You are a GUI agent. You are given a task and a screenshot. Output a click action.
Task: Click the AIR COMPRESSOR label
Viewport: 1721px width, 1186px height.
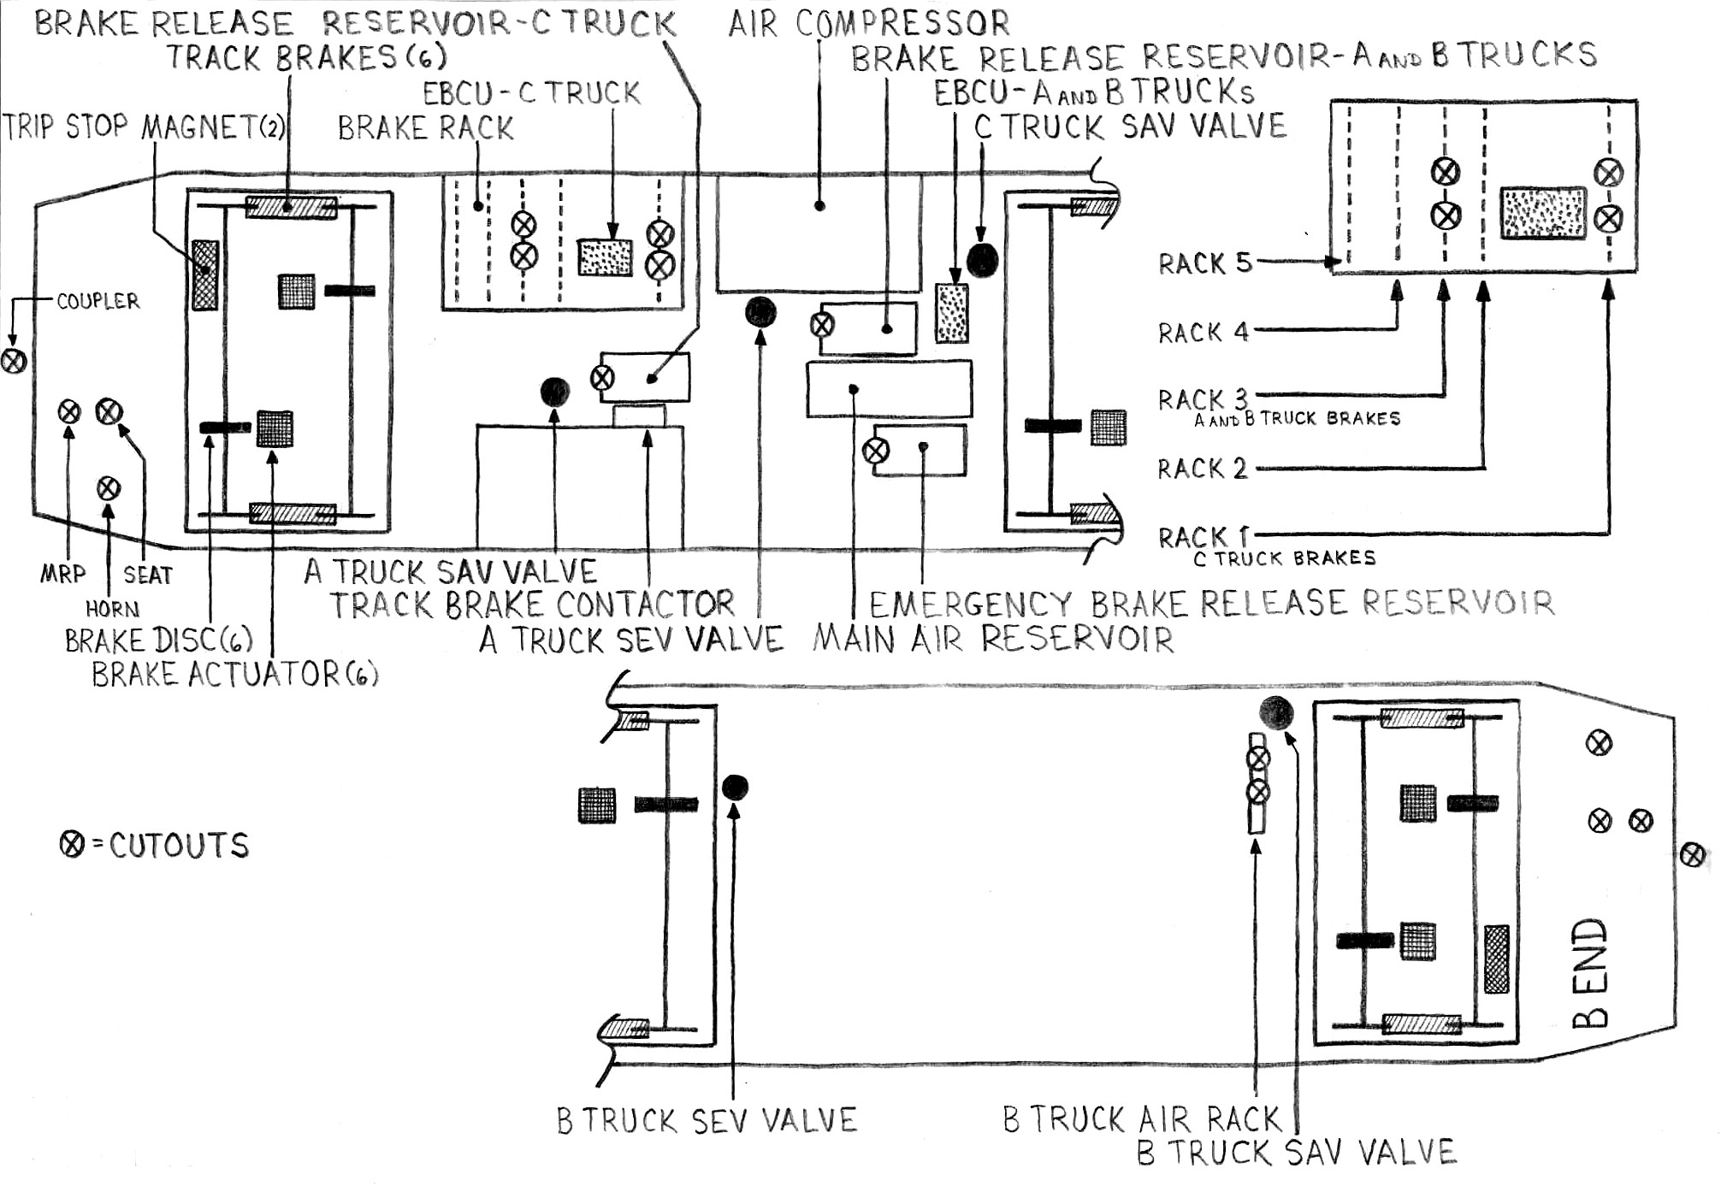click(x=868, y=23)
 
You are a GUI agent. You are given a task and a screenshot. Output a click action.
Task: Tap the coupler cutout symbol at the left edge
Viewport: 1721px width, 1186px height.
click(x=13, y=361)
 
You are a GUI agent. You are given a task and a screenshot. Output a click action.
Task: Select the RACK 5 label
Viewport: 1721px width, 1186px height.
click(x=1204, y=263)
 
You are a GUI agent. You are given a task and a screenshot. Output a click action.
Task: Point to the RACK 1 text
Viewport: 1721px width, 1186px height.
click(x=1203, y=537)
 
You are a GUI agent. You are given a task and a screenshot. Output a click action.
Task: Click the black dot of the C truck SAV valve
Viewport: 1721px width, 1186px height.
click(x=982, y=259)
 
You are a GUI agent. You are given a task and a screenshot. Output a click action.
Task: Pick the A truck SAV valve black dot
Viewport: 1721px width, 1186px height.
click(x=555, y=392)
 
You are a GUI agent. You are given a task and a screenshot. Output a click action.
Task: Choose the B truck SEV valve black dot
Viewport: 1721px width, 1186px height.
click(x=735, y=788)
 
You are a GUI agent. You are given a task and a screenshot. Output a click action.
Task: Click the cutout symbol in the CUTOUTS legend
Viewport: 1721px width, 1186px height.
click(x=73, y=845)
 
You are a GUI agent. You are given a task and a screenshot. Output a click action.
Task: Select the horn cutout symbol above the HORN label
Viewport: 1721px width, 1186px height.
click(x=108, y=488)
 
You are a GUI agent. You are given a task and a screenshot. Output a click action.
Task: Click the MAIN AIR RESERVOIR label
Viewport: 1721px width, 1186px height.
click(x=992, y=639)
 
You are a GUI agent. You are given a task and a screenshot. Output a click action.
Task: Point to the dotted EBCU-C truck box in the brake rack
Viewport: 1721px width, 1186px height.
click(x=605, y=257)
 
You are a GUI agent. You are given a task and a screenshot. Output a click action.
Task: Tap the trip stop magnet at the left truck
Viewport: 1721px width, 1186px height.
click(x=205, y=274)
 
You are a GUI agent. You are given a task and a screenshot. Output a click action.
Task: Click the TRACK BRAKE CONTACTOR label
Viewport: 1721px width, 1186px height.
click(x=532, y=605)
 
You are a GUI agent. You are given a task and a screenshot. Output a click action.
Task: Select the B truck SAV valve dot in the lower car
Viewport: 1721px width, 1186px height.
click(x=1275, y=712)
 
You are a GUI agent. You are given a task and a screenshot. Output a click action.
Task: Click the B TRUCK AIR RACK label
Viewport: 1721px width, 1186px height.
click(x=1141, y=1119)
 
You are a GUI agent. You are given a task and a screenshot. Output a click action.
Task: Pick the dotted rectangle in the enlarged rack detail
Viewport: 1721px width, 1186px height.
click(x=1543, y=213)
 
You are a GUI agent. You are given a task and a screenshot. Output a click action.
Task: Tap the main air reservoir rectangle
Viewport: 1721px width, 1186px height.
click(x=889, y=389)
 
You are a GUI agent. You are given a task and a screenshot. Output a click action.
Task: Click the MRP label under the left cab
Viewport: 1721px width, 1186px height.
click(x=63, y=573)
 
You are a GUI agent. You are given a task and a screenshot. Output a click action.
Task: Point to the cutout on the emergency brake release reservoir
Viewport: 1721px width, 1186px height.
click(x=875, y=451)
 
